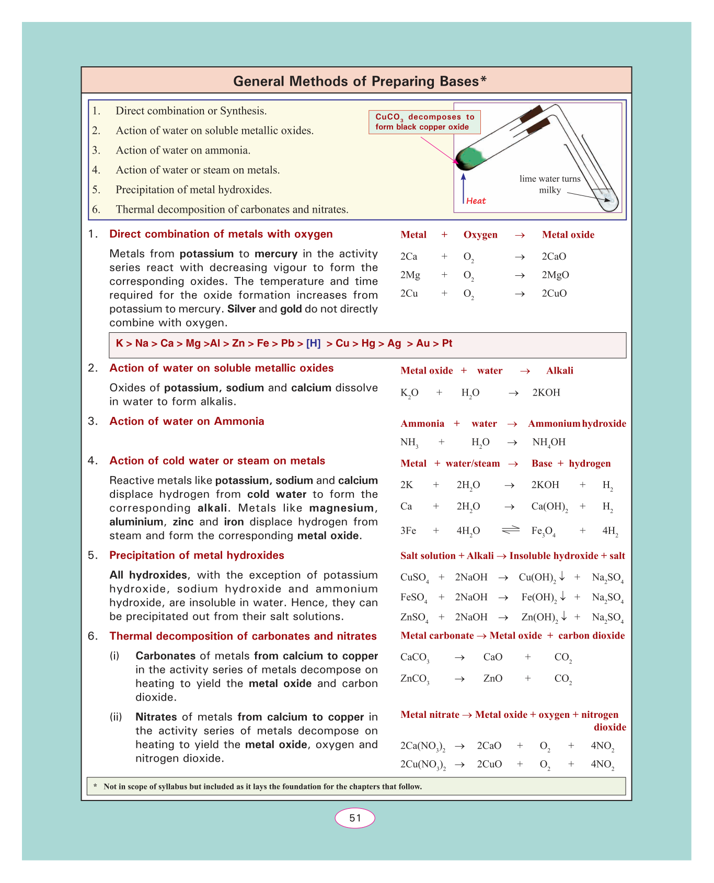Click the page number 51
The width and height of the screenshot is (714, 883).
(355, 818)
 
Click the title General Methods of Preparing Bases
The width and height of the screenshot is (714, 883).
(360, 82)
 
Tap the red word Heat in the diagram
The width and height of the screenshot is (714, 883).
(476, 201)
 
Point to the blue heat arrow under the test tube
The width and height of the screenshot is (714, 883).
(464, 188)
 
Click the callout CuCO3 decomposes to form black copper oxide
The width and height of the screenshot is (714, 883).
(424, 122)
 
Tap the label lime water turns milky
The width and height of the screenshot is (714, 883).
(550, 184)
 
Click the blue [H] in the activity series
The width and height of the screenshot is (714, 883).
(313, 344)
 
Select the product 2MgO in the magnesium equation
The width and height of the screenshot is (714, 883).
(555, 275)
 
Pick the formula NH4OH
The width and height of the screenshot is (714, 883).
(549, 443)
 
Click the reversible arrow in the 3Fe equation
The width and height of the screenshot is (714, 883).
(511, 530)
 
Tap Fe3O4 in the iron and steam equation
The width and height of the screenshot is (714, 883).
(543, 531)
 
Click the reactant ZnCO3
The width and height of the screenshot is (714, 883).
(414, 679)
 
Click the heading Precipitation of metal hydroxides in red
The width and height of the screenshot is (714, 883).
(197, 555)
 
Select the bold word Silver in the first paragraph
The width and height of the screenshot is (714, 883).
(241, 309)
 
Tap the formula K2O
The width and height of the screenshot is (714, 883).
(409, 393)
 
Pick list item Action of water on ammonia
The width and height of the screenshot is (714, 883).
(183, 150)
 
